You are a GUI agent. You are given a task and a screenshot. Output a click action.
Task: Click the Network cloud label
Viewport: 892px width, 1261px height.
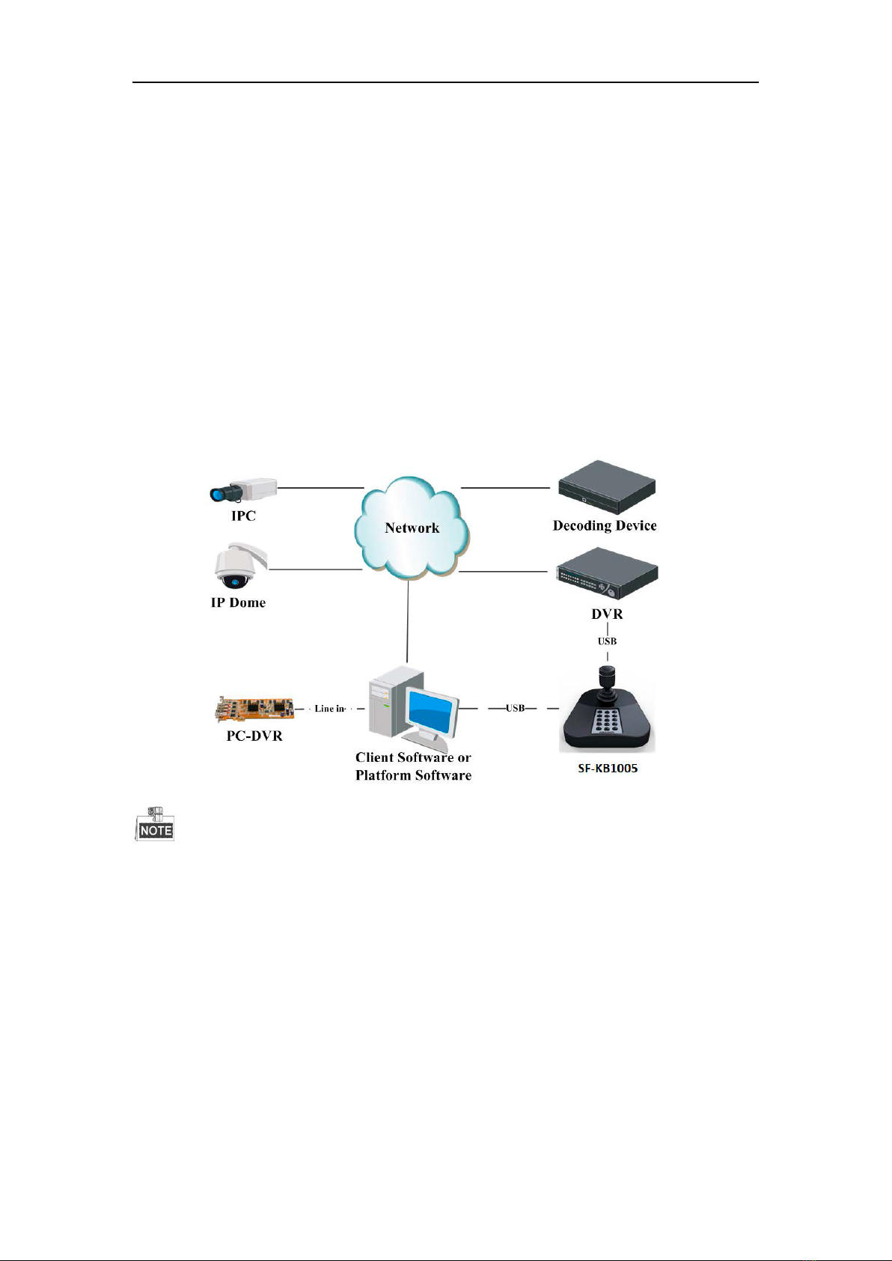(412, 528)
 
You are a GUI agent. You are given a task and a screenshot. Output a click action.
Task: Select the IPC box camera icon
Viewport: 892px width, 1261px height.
(243, 489)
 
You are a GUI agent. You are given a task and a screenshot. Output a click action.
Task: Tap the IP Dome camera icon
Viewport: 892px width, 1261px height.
(240, 565)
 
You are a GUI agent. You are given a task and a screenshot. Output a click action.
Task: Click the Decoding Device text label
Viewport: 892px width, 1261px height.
(605, 526)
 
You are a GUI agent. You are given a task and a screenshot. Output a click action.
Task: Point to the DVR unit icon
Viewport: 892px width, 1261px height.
(607, 574)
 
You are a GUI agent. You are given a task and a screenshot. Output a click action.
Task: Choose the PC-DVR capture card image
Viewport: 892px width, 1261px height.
(255, 709)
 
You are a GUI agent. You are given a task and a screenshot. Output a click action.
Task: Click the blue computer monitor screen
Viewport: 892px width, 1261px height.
(433, 711)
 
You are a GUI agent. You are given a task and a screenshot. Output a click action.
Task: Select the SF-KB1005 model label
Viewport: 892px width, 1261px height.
(608, 769)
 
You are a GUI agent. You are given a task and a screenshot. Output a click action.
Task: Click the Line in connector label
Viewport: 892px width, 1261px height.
(330, 709)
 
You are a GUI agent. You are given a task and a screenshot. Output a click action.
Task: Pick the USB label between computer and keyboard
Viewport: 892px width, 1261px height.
(515, 708)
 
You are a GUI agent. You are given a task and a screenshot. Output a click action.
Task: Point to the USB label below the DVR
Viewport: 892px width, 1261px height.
(607, 641)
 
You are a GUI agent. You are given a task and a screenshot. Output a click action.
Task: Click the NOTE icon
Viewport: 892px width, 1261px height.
(155, 824)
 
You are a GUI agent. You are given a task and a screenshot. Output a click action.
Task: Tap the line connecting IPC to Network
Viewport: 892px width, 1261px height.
(321, 487)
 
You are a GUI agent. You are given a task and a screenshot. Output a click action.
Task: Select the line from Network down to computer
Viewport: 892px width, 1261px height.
(407, 621)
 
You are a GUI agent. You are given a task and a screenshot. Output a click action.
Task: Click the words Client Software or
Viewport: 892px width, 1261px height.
(413, 757)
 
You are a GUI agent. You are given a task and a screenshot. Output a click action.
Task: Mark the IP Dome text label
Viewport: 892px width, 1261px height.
(238, 602)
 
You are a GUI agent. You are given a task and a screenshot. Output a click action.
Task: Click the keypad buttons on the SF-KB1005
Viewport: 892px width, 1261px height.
(607, 721)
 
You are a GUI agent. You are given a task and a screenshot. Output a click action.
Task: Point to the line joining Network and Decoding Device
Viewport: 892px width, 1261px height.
(505, 487)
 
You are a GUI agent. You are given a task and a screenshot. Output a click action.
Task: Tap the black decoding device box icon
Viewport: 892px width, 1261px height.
(607, 487)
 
